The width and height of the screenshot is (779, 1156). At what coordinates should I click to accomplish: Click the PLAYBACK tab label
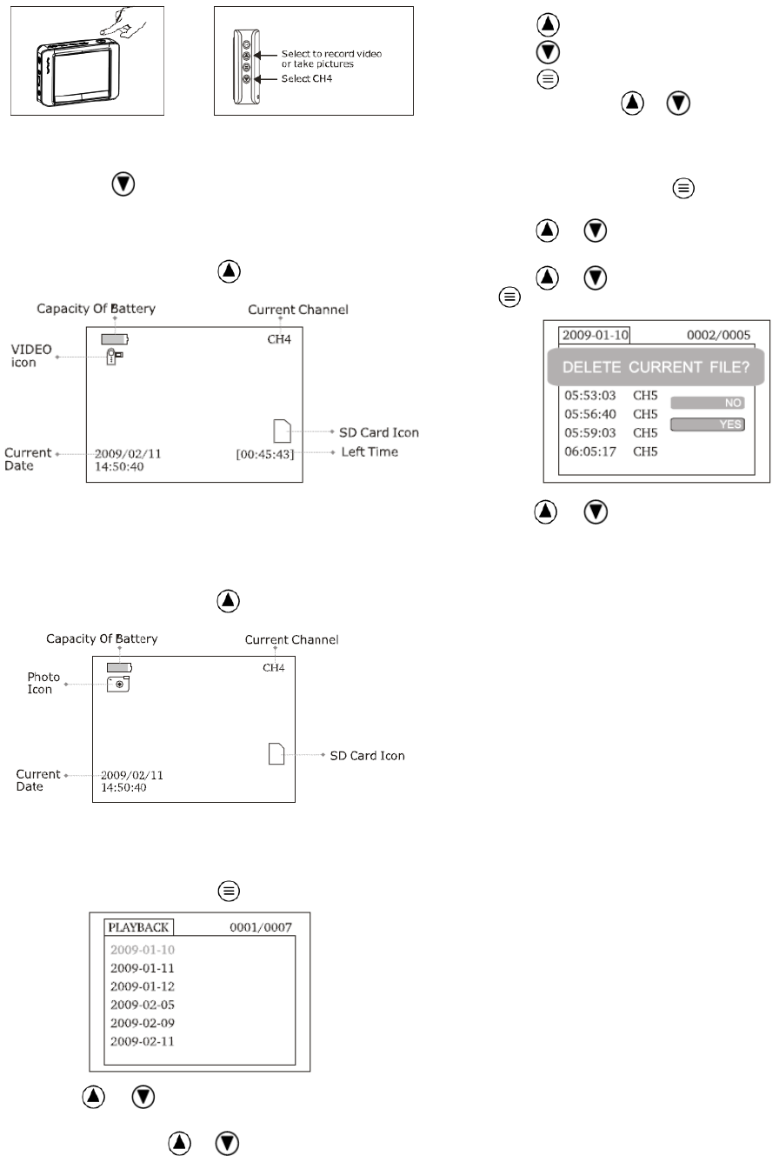(139, 927)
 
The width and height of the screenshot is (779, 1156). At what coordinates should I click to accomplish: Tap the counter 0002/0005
(717, 335)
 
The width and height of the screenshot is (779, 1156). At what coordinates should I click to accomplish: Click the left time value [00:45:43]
(264, 453)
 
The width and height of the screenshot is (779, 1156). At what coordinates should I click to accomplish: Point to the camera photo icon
(118, 684)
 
